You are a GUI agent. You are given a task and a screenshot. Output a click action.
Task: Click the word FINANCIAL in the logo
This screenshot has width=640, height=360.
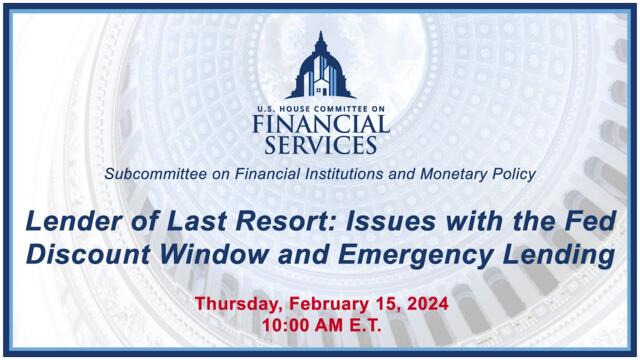[320, 125]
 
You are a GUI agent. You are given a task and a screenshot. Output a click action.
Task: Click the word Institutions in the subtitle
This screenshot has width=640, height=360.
[337, 174]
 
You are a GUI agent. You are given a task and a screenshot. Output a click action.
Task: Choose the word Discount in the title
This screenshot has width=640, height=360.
[88, 254]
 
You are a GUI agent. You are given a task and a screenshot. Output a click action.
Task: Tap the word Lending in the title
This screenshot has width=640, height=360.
[560, 255]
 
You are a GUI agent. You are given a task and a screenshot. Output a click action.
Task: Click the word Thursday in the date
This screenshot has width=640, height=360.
[238, 304]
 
